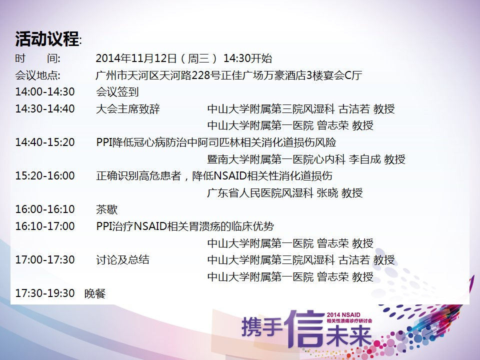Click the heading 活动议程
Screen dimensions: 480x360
click(47, 39)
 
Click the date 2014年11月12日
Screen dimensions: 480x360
click(136, 58)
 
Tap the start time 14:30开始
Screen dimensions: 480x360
click(247, 58)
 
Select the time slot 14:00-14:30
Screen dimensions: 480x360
click(45, 92)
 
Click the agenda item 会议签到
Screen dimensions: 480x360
click(117, 92)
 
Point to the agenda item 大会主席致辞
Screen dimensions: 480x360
click(128, 108)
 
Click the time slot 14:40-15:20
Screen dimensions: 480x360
click(45, 142)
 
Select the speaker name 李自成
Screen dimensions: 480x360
click(365, 159)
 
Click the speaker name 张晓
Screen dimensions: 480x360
click(327, 193)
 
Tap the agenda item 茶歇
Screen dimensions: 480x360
click(107, 209)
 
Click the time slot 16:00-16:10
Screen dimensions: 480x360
click(45, 209)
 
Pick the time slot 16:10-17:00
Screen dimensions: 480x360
click(45, 226)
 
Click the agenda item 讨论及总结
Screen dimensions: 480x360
click(123, 260)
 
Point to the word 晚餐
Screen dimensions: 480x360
click(95, 293)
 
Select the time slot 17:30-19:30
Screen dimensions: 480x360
click(45, 293)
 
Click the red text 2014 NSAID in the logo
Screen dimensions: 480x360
click(343, 314)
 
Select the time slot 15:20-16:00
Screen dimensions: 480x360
click(45, 175)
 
